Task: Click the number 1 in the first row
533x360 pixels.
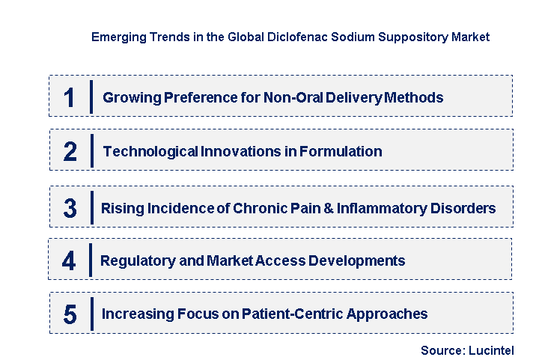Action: point(70,97)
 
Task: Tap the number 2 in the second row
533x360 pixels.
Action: point(70,152)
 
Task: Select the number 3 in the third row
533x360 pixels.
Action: point(70,208)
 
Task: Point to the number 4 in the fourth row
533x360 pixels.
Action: point(69,260)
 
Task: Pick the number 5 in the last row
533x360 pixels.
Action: point(70,314)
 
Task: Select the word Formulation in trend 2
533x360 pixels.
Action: point(341,152)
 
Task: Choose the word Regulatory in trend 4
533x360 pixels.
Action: point(135,260)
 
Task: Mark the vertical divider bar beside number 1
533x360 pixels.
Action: point(91,97)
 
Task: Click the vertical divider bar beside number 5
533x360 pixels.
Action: point(91,314)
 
